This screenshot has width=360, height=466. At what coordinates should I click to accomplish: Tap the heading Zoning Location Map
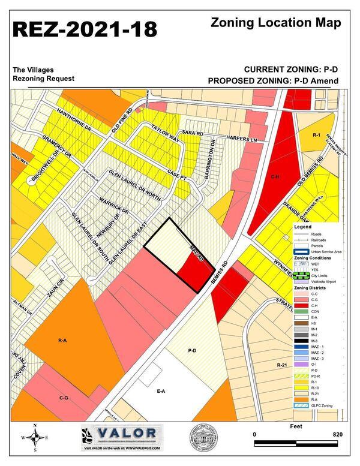click(x=276, y=23)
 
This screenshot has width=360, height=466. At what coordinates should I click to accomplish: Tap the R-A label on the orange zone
click(x=62, y=340)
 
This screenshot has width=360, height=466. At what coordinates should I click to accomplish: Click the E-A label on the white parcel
click(x=161, y=391)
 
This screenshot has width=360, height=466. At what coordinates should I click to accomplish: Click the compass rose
click(x=35, y=437)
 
